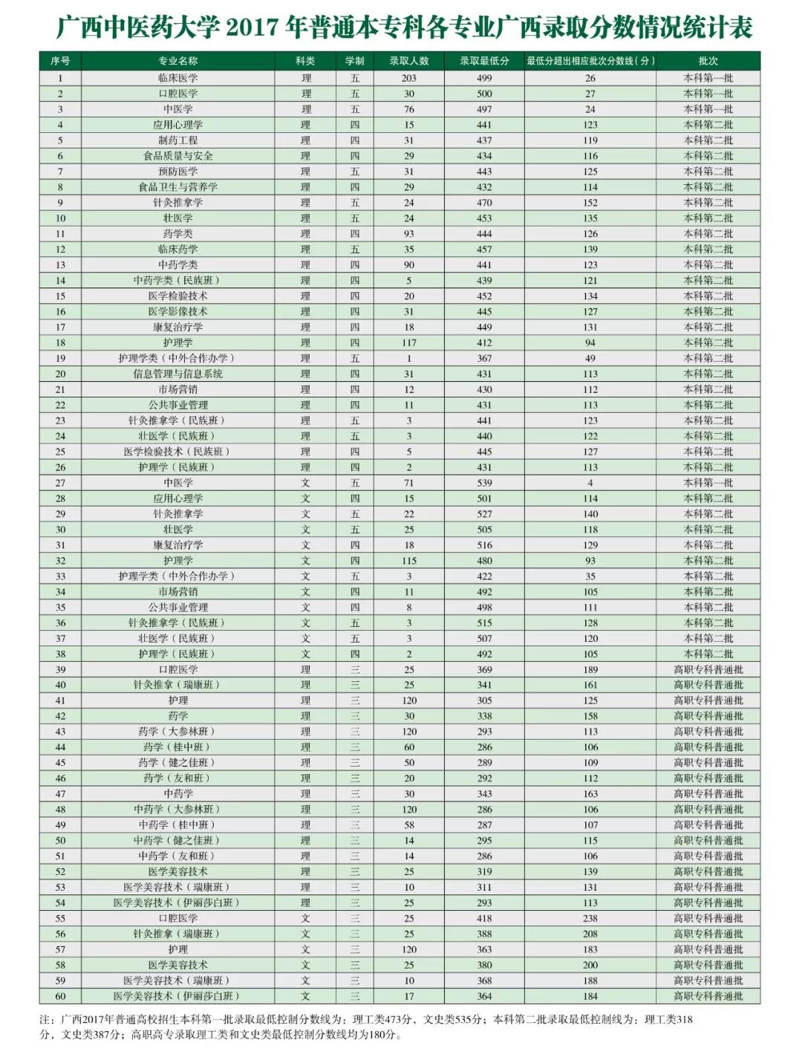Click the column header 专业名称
click(x=177, y=61)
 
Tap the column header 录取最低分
click(x=484, y=61)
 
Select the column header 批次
click(x=708, y=61)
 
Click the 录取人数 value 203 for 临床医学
click(x=408, y=78)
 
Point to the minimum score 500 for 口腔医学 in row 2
click(x=484, y=94)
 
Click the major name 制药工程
click(x=177, y=140)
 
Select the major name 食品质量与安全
click(x=177, y=156)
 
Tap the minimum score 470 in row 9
click(x=484, y=203)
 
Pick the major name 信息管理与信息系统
click(x=177, y=374)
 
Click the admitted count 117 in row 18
click(x=408, y=342)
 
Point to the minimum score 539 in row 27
click(x=484, y=483)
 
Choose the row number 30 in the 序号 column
click(x=60, y=530)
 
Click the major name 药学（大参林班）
click(x=177, y=732)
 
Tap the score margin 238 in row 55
click(x=590, y=918)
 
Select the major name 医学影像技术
click(x=177, y=311)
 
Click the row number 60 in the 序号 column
click(x=60, y=996)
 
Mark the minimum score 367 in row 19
click(x=484, y=358)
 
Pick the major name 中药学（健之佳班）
click(x=177, y=840)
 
